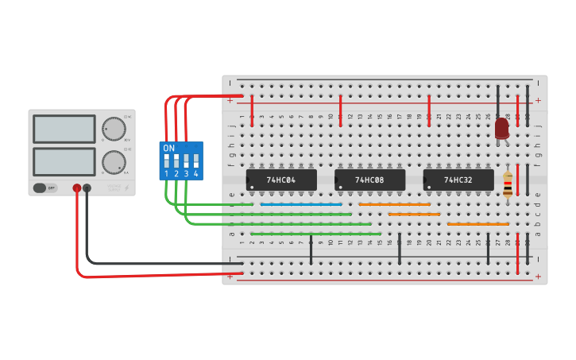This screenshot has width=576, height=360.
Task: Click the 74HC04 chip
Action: click(281, 180)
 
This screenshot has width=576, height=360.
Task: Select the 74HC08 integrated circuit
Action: click(369, 180)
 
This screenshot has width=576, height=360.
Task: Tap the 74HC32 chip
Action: click(458, 180)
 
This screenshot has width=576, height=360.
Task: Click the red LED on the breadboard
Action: click(501, 128)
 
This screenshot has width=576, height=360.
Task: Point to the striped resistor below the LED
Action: click(508, 184)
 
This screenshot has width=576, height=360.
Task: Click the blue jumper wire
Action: click(301, 204)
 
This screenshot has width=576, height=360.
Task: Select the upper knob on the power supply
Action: click(114, 129)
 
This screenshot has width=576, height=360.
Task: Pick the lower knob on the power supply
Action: click(114, 162)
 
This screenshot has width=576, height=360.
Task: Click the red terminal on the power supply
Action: click(77, 188)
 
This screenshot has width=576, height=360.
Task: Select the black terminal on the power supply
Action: click(87, 188)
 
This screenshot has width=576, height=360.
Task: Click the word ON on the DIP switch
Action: click(168, 149)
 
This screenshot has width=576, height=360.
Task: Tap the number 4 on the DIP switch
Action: click(195, 173)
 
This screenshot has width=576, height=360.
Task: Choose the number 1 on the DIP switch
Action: click(167, 173)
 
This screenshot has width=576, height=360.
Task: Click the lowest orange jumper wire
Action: click(477, 224)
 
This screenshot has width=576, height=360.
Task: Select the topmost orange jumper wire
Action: click(394, 204)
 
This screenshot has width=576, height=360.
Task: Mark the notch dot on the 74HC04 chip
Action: click(252, 188)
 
